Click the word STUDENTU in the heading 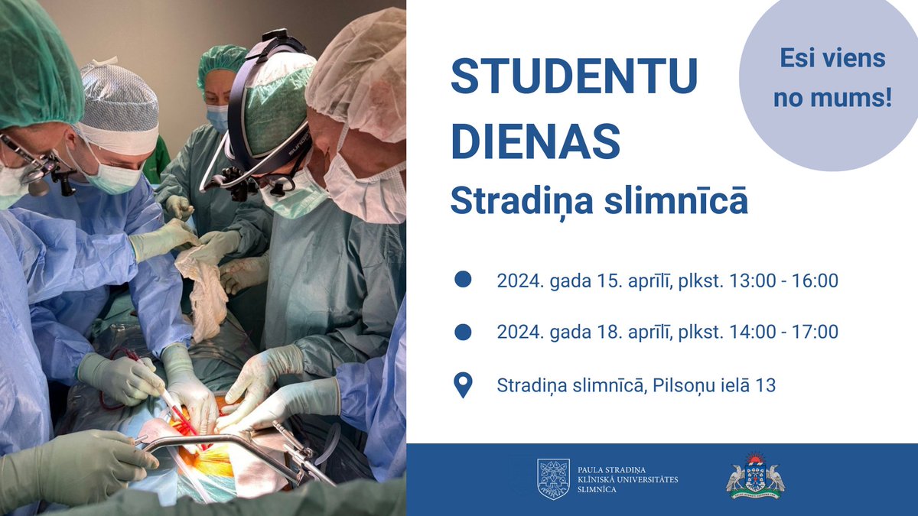(x=574, y=76)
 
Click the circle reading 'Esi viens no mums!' (x=832, y=78)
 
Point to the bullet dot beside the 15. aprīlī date (x=463, y=280)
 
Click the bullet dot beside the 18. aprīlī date (x=463, y=332)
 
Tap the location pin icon (x=463, y=385)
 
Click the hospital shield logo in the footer (x=553, y=479)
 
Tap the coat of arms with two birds (x=755, y=477)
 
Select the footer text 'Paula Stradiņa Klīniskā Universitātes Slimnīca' (x=627, y=479)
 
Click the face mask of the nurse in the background (x=218, y=117)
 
